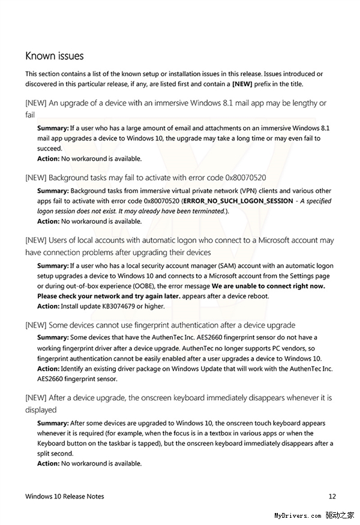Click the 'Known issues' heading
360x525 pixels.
point(54,56)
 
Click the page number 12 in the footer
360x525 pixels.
point(332,496)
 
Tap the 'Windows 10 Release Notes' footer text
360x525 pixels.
point(65,496)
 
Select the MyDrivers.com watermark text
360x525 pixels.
point(297,515)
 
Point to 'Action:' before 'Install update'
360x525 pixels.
point(48,306)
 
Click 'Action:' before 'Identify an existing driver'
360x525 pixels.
point(48,368)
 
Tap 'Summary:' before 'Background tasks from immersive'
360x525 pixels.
point(53,191)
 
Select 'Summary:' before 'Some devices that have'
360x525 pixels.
point(53,337)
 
